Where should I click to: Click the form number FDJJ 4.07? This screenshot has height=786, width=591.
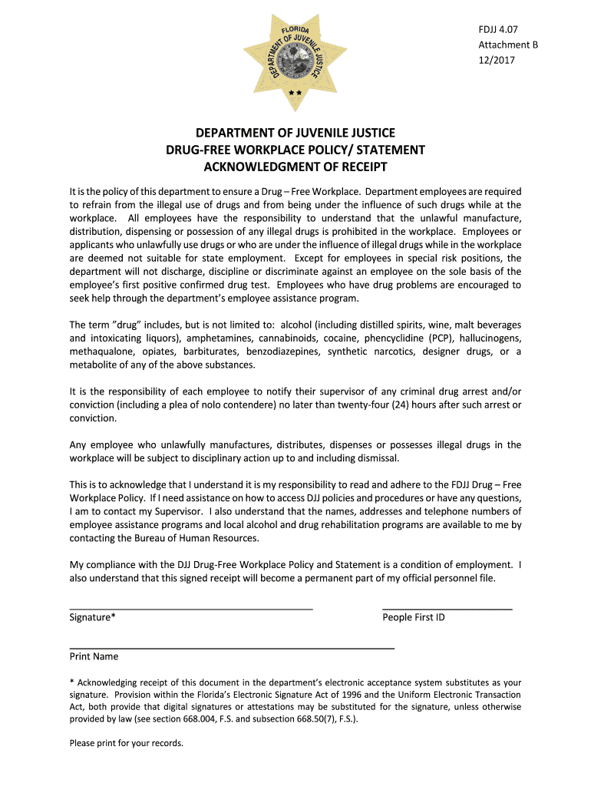[497, 29]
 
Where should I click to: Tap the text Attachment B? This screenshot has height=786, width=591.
[508, 45]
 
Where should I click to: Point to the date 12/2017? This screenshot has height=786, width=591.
[497, 60]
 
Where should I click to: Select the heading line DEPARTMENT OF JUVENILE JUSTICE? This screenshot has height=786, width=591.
[295, 133]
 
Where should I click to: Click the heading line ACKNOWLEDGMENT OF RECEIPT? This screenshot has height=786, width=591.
[295, 167]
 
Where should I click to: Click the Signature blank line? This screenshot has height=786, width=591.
[191, 608]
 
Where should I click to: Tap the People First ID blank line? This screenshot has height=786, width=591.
[447, 608]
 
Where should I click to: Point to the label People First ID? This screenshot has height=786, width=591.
[413, 617]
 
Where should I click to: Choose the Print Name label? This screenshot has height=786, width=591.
[94, 656]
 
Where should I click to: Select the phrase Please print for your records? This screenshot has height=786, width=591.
[127, 743]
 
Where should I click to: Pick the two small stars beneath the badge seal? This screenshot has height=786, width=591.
[295, 92]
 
